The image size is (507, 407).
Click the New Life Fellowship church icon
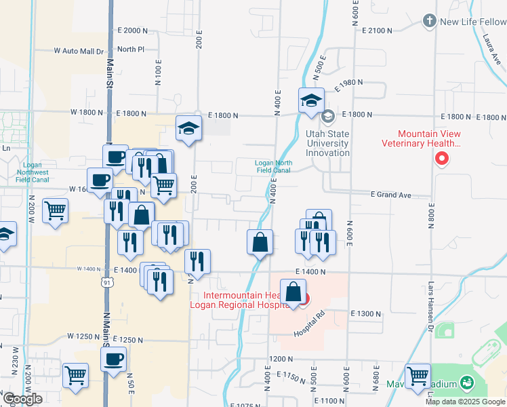[428, 21]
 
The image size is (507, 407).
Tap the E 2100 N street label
[378, 31]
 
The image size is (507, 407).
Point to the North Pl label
[131, 50]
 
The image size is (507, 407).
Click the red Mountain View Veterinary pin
[442, 159]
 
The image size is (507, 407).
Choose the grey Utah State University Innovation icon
[327, 117]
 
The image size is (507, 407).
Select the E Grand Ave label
[391, 195]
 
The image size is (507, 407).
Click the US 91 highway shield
[107, 282]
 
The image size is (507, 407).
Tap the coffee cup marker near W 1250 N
[113, 358]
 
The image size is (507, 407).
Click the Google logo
[22, 399]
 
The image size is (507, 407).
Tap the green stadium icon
[466, 384]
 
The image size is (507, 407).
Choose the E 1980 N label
[349, 82]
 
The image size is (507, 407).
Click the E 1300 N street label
[366, 313]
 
